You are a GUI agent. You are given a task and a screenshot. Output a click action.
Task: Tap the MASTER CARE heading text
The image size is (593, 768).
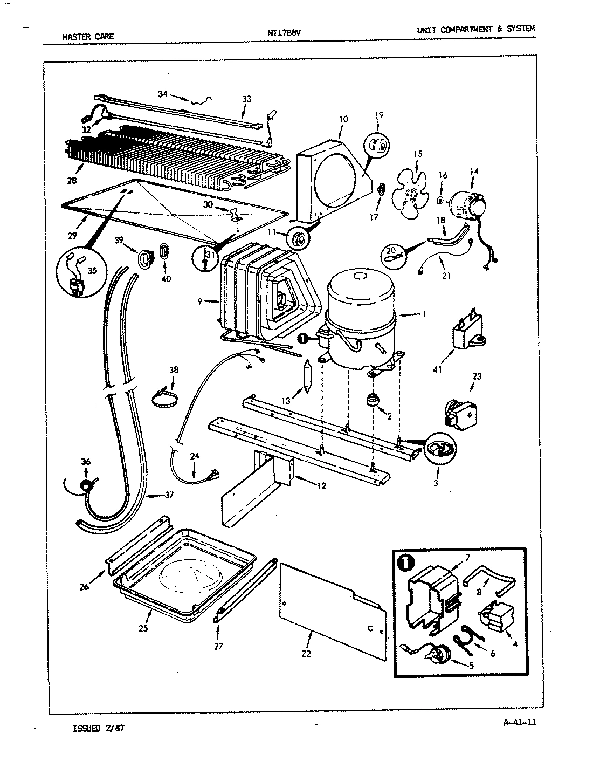[x=88, y=37]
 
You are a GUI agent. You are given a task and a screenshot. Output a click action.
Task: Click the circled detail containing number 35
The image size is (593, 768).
[x=77, y=273]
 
